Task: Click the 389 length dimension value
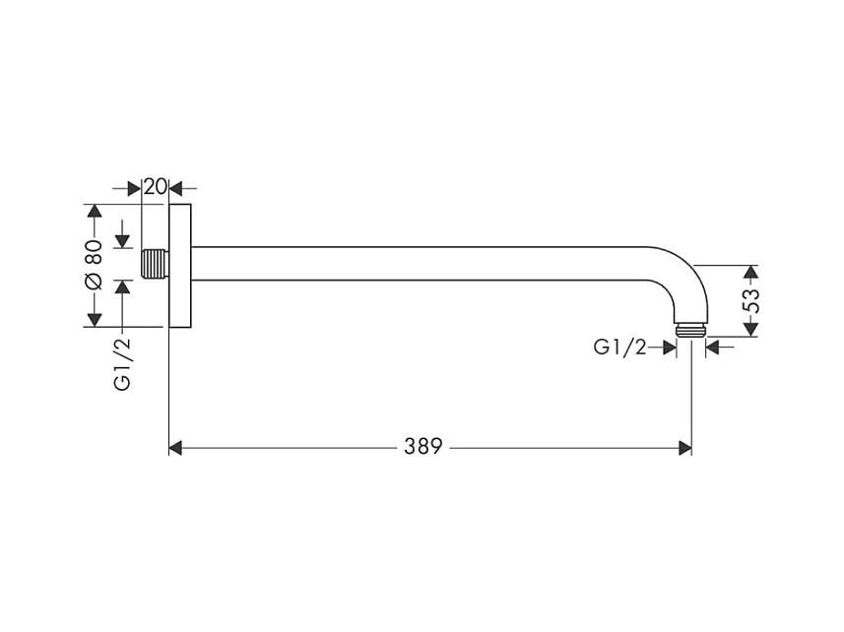coord(423,446)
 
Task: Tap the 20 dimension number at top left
coord(155,187)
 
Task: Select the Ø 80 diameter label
coord(95,266)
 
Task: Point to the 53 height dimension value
coord(750,301)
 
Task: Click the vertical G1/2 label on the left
coord(123,364)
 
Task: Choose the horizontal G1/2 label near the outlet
coord(619,348)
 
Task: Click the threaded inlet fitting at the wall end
coord(155,264)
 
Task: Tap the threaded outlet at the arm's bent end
coord(690,330)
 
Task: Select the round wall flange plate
coord(180,266)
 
